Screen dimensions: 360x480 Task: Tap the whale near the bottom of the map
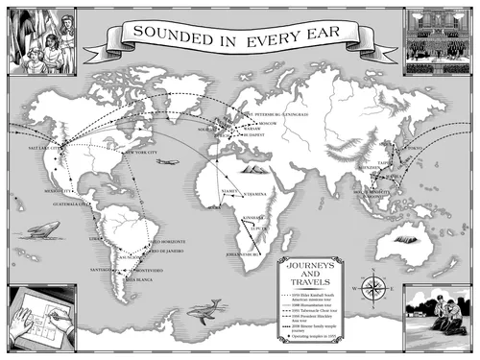pyautogui.click(x=201, y=310)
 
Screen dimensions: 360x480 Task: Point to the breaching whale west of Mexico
pyautogui.click(x=44, y=228)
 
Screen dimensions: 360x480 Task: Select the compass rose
pyautogui.click(x=374, y=287)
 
